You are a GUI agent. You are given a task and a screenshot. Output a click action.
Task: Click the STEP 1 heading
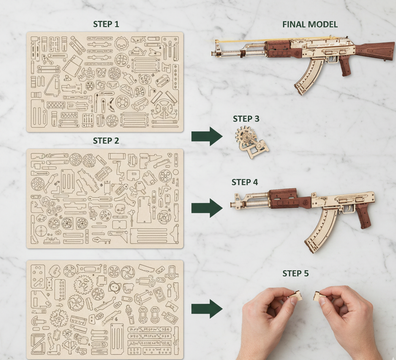click(x=106, y=24)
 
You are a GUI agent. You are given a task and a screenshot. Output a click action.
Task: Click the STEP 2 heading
click(x=106, y=141)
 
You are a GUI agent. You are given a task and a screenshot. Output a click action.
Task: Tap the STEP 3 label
click(x=246, y=118)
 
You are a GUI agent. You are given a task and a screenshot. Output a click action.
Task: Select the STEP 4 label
click(x=245, y=182)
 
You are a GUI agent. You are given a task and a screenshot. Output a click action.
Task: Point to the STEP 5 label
click(x=295, y=273)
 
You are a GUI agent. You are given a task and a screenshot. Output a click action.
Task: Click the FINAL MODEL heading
click(x=310, y=24)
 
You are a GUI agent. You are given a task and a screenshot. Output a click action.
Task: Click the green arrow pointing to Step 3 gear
click(x=207, y=137)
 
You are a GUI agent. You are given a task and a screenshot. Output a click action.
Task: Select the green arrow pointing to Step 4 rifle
click(x=207, y=208)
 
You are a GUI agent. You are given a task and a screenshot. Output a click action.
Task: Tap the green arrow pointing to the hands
click(x=207, y=309)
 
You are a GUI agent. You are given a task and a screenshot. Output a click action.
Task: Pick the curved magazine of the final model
click(x=308, y=77)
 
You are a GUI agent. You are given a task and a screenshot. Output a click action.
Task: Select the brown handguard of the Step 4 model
click(x=283, y=199)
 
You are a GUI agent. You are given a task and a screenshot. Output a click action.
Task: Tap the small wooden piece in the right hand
click(x=318, y=295)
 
